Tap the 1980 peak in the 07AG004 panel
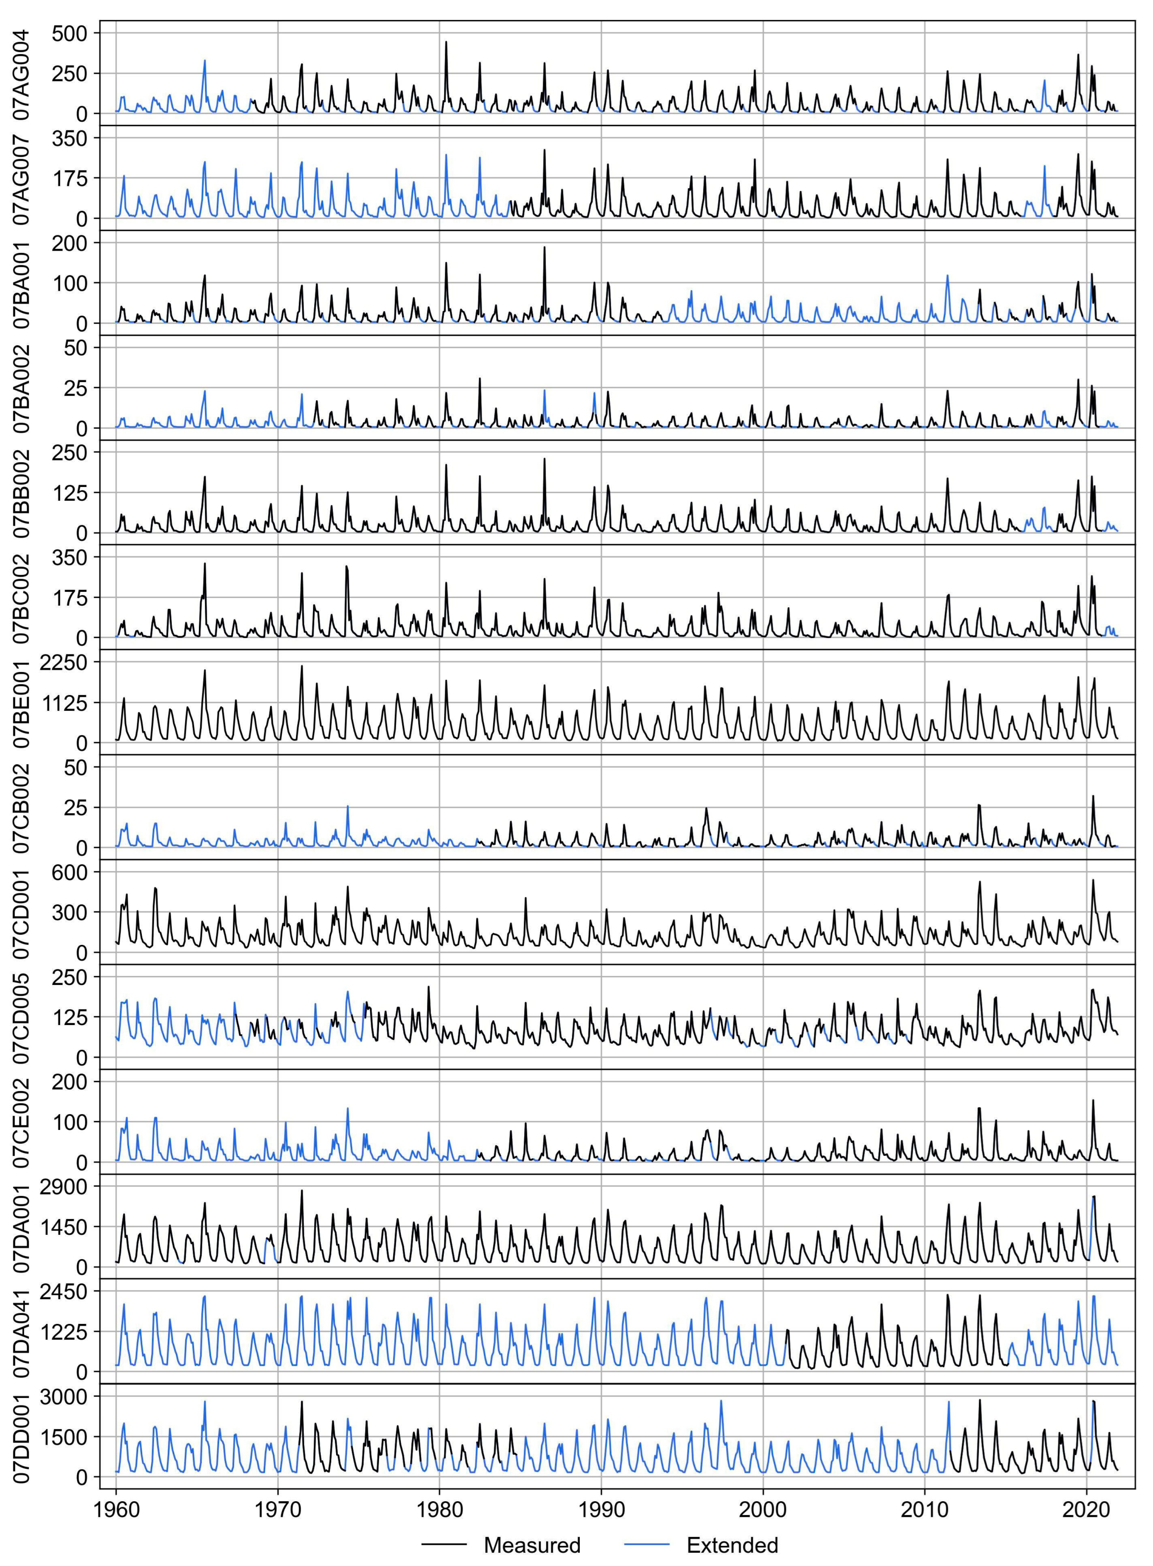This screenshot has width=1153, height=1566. pyautogui.click(x=446, y=42)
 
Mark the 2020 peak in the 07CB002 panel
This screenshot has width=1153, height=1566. pyautogui.click(x=1092, y=796)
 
